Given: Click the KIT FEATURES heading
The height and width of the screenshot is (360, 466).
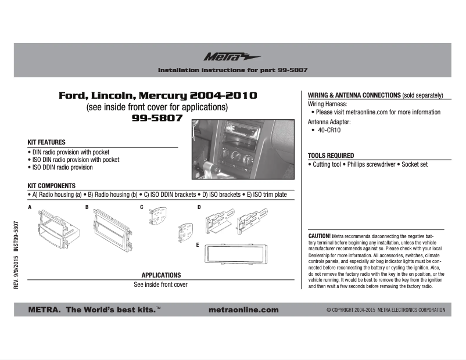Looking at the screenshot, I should pos(46,142).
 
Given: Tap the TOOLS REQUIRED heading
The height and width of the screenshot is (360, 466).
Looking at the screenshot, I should pos(331,156).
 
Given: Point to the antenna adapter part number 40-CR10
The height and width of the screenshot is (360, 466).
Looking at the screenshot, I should pos(329,131).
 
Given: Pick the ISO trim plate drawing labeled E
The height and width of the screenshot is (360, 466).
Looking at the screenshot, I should pos(230,253).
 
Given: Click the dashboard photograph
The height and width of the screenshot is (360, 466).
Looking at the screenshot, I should pos(242,149).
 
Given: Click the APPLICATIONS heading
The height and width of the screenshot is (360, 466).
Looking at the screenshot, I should pos(161,275).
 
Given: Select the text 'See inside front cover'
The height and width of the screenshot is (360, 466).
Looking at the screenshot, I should pos(161,285).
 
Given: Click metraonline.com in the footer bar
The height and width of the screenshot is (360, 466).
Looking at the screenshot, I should pos(243,310).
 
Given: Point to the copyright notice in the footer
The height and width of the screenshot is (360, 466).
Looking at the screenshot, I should pos(385,310).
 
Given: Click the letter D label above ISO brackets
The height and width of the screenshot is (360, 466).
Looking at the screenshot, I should pos(199,207).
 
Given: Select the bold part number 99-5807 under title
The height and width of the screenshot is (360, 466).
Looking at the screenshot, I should pos(157,118).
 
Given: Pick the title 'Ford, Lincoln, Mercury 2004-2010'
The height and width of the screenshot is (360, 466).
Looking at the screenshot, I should pos(157,95).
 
